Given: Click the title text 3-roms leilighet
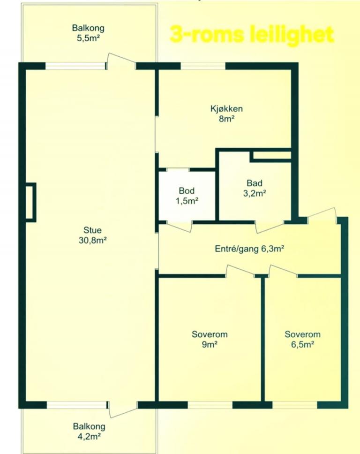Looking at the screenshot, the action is pos(251,35).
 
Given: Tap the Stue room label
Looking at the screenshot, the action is pos(92,230).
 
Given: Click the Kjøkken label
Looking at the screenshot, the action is pos(226,109).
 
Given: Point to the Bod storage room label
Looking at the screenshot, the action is pos(187,190).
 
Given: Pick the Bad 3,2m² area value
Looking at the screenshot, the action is pos(255,193).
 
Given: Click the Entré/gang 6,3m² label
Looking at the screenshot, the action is pos(249,249).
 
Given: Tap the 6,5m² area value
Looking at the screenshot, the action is pos(303,345).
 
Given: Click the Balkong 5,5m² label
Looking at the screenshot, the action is pos(88,33).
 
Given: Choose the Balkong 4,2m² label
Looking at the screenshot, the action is pos(89,431).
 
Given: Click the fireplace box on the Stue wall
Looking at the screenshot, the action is pos(30,203).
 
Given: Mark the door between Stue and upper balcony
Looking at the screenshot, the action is pos(121,61).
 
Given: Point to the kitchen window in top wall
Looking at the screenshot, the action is pos(203,66).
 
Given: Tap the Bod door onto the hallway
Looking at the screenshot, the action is pos(179,227).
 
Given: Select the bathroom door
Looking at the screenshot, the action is pos(270,227).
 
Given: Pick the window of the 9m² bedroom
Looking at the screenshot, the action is pos(210,405).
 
